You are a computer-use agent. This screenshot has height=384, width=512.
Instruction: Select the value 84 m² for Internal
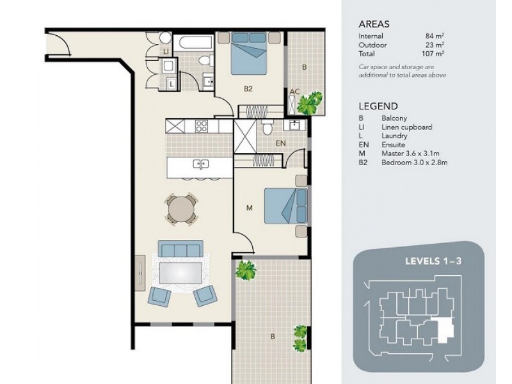tap(435, 36)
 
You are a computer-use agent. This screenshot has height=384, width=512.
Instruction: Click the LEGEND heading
tap(378, 106)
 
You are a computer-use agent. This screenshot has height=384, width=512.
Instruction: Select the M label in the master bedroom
tap(251, 207)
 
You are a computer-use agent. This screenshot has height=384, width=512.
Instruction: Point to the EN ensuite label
tap(280, 143)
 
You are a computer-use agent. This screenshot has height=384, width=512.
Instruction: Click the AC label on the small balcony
tap(294, 92)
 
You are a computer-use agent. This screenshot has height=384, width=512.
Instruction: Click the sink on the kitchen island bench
tap(200, 164)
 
